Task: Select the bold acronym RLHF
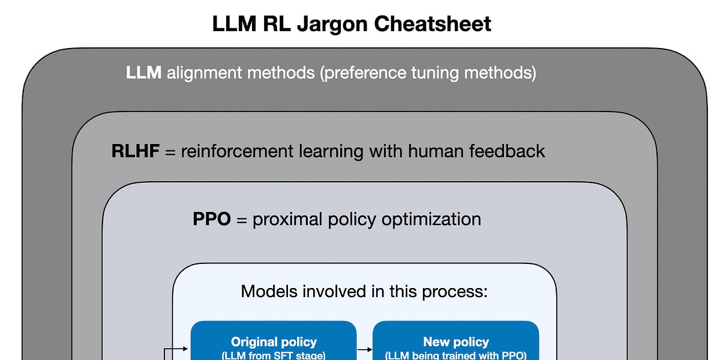click(x=136, y=151)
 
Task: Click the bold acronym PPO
click(x=212, y=219)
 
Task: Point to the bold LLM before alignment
click(x=143, y=73)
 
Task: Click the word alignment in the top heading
click(x=203, y=73)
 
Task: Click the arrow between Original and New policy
click(x=365, y=348)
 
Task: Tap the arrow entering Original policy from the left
click(x=179, y=348)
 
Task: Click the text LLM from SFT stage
click(x=274, y=355)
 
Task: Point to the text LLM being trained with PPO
click(x=456, y=355)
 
